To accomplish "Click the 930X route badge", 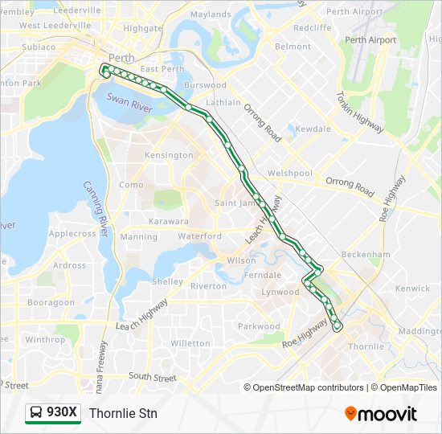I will [x=53, y=413].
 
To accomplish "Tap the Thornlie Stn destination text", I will [x=123, y=413].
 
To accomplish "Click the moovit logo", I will [x=381, y=414].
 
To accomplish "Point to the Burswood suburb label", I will [x=204, y=85].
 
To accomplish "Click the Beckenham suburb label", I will [x=365, y=254].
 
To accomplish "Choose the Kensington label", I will [x=169, y=155].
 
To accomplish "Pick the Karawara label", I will [x=169, y=221].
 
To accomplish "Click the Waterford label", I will [x=200, y=236].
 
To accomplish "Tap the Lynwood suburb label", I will [x=280, y=292].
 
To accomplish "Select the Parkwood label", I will [x=259, y=326].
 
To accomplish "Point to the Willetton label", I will [x=190, y=343].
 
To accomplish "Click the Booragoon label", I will [x=51, y=303].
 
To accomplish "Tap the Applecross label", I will [x=72, y=234].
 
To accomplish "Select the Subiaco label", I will [x=38, y=47].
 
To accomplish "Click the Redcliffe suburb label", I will [x=313, y=27].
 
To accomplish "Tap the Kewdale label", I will [x=313, y=129].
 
